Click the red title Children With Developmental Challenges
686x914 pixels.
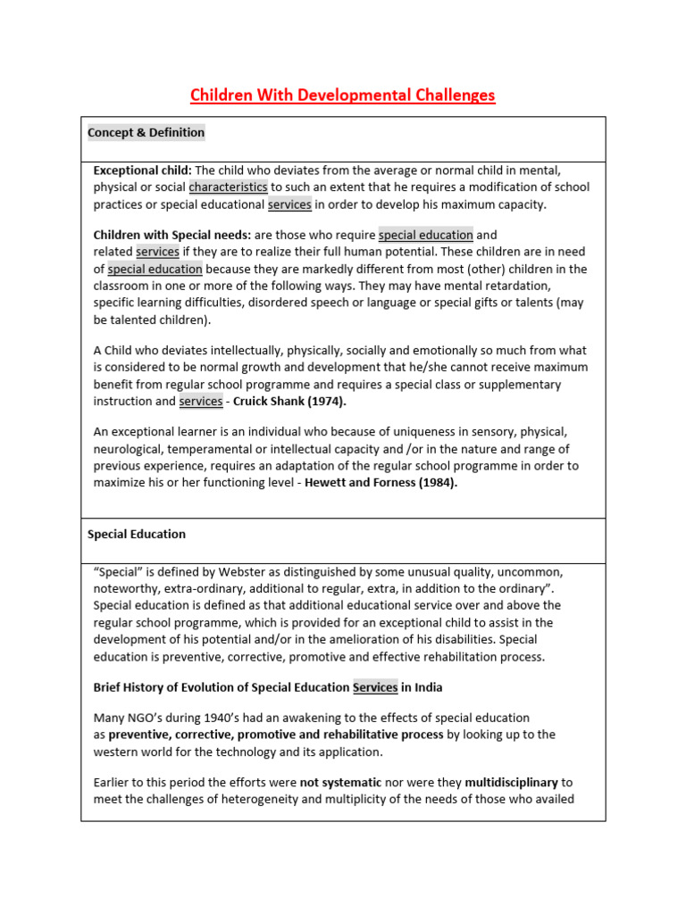(x=343, y=95)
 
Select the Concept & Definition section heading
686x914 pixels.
(x=146, y=133)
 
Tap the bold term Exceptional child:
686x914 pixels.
(x=143, y=170)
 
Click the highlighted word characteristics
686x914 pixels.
(x=228, y=187)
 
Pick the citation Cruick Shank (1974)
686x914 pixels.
(x=289, y=402)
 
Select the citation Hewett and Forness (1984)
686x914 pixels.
(x=381, y=483)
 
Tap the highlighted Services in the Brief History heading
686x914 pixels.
(x=375, y=687)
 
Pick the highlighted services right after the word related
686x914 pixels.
(x=157, y=253)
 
